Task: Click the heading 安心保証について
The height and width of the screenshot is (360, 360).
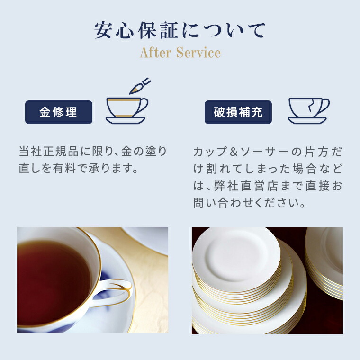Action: pos(180,30)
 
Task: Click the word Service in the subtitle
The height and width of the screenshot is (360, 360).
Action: pos(198,53)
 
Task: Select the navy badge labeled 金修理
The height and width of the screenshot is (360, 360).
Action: pos(58,112)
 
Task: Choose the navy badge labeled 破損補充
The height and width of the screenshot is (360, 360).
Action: pos(238,112)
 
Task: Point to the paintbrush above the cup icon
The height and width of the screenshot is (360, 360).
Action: pos(140,86)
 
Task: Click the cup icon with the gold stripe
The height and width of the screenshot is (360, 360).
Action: pos(125,110)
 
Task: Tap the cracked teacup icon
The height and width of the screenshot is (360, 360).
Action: pos(308,110)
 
